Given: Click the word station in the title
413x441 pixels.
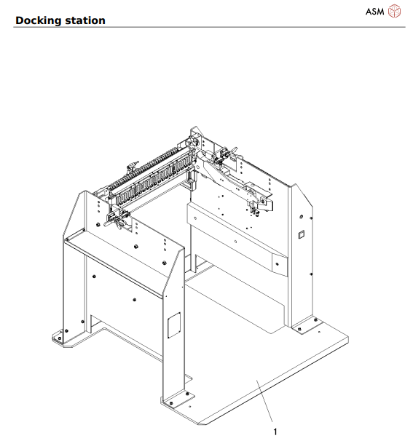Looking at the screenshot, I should (86, 20).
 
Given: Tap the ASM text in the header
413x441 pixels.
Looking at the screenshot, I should (374, 11).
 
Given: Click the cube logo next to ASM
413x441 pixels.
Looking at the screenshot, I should (395, 11).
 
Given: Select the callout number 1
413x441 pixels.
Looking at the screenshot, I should (275, 431).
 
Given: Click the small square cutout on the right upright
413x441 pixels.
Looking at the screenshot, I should (298, 235).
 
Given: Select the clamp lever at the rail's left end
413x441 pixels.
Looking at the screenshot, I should (114, 218).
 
